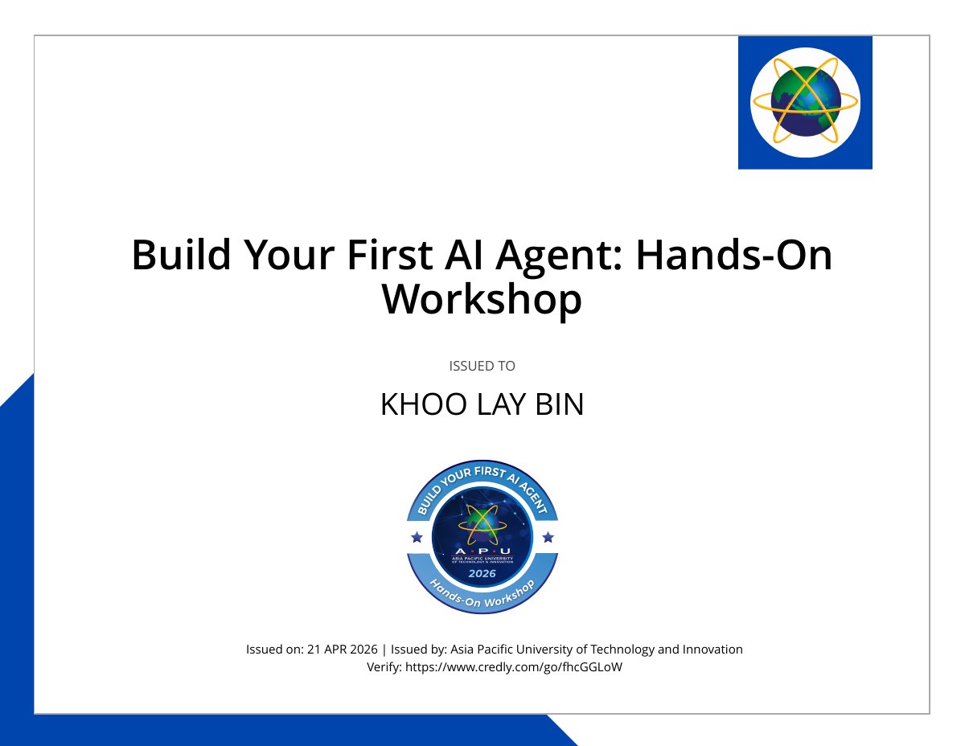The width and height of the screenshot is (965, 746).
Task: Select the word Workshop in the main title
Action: coord(482,301)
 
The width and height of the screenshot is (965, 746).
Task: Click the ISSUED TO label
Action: coord(482,366)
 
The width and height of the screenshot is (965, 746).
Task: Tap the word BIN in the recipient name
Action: coord(560,404)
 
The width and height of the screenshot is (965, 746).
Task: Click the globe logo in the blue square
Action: coord(805,103)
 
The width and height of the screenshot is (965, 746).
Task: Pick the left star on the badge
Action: coord(417,538)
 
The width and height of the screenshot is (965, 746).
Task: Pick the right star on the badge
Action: coord(548,538)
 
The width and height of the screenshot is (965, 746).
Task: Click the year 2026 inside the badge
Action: coord(482,574)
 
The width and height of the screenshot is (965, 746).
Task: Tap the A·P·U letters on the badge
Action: coord(482,551)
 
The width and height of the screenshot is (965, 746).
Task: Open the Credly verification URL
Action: coord(514,667)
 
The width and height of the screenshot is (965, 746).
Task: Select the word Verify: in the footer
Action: coord(384,667)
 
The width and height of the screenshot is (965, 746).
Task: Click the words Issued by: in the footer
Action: coord(419,650)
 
